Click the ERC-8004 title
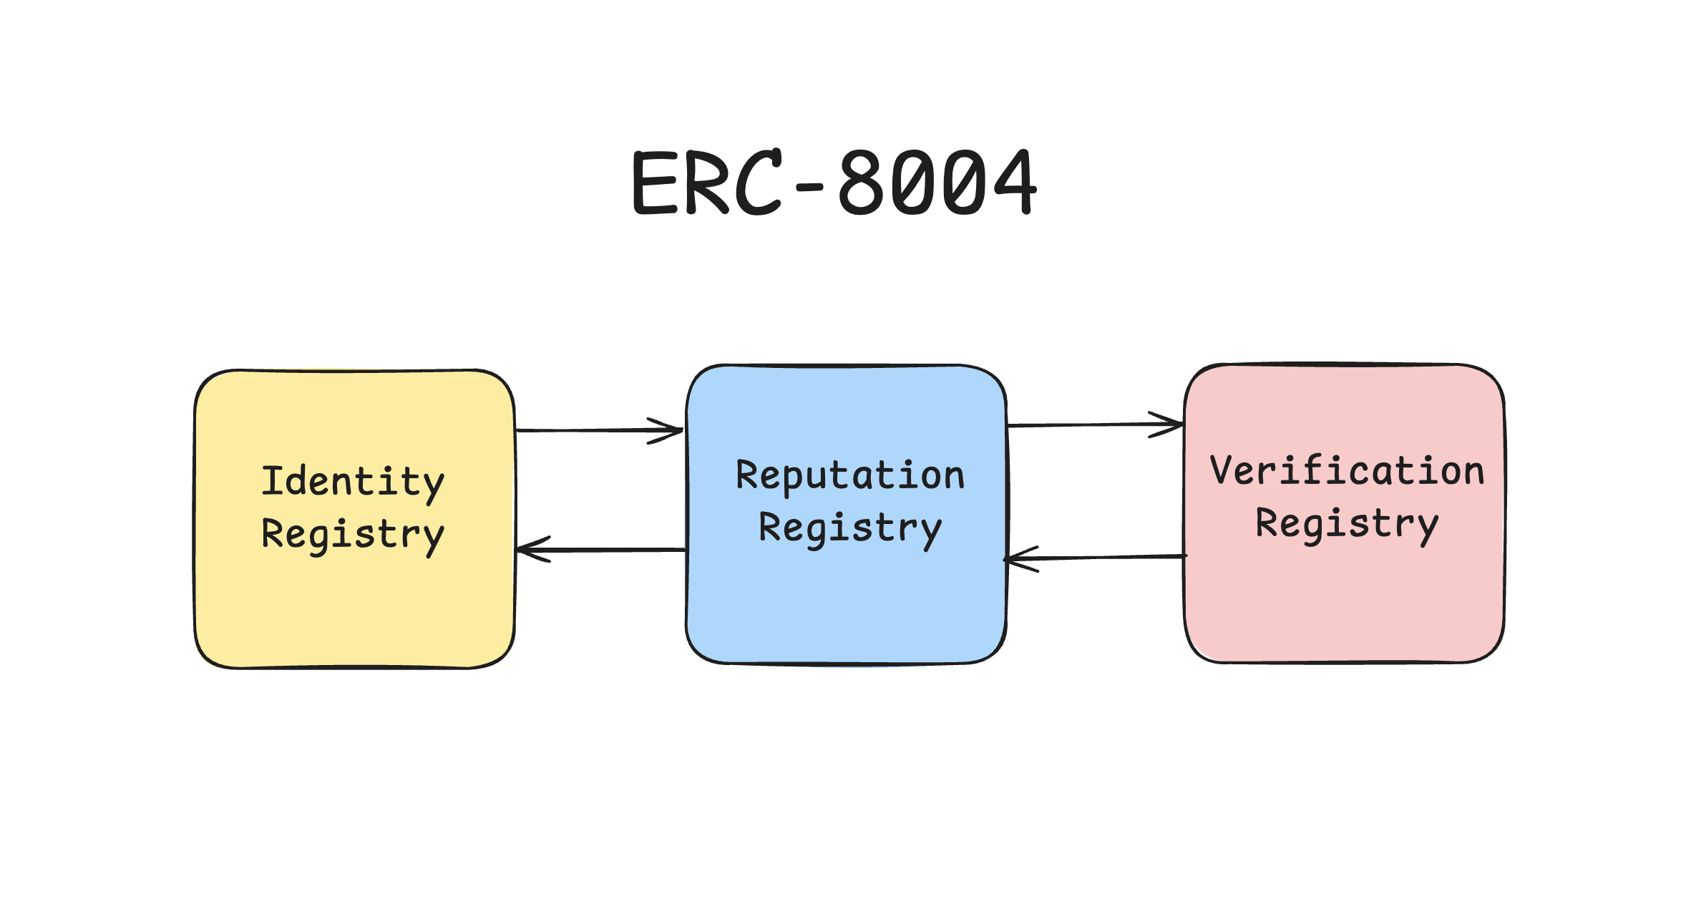(834, 183)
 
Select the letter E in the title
(655, 183)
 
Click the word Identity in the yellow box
(353, 482)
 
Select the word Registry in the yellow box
(353, 535)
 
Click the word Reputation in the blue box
(850, 476)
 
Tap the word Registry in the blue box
(850, 529)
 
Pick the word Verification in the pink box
(1347, 472)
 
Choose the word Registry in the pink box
(1347, 524)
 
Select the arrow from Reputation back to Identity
(601, 550)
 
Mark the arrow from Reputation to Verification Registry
(1095, 425)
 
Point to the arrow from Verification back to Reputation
(1095, 558)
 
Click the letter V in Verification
(1224, 470)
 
